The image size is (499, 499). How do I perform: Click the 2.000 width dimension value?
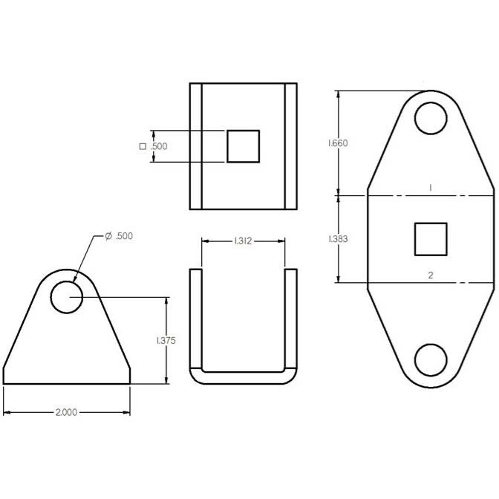tap(66, 412)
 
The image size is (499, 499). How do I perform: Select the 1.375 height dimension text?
tap(166, 341)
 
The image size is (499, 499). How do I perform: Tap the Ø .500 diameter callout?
tap(119, 236)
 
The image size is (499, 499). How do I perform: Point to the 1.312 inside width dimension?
tap(243, 241)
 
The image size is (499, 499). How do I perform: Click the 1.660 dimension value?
tap(338, 143)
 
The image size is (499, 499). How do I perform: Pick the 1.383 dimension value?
tap(338, 238)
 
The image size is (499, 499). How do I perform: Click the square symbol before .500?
tap(143, 146)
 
